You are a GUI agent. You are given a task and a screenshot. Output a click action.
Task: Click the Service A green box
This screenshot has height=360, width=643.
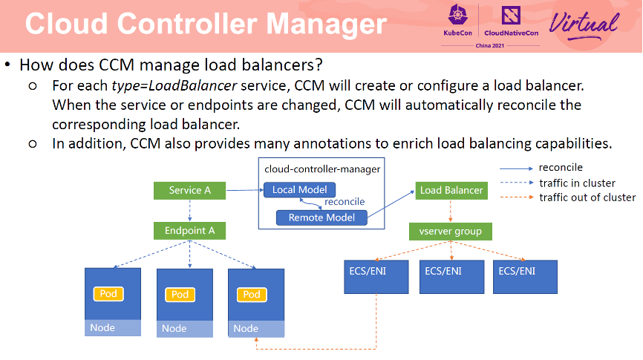click(190, 190)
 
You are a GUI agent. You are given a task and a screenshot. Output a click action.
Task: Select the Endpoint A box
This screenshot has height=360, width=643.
click(190, 231)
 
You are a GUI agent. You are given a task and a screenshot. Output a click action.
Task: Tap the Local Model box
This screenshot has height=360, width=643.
click(299, 190)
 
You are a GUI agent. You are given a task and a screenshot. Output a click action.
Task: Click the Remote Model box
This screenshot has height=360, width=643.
click(321, 217)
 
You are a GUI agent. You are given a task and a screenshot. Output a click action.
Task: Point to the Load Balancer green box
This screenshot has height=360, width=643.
click(451, 190)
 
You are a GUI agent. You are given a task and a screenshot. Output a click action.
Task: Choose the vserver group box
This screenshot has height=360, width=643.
click(451, 232)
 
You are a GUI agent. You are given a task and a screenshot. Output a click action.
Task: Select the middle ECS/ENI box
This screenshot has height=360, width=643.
click(450, 276)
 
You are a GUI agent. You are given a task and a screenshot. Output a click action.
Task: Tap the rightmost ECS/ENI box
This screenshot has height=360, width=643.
click(523, 276)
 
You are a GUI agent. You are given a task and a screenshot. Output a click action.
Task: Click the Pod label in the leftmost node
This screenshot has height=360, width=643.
click(108, 294)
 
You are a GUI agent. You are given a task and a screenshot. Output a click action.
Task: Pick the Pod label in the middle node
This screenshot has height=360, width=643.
click(180, 294)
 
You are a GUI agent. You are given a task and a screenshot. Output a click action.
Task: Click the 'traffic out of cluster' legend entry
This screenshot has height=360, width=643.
click(587, 197)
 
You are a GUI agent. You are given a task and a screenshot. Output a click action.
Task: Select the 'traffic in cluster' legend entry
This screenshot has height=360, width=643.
click(577, 183)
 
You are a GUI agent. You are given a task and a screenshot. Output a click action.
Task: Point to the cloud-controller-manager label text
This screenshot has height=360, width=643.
click(322, 168)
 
